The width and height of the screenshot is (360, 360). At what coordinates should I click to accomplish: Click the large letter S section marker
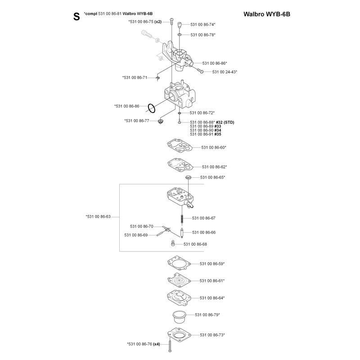pyautogui.click(x=76, y=17)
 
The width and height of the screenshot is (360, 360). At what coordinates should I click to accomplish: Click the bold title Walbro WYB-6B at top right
pyautogui.click(x=267, y=14)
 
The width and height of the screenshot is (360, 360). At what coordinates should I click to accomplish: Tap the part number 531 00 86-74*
pyautogui.click(x=203, y=24)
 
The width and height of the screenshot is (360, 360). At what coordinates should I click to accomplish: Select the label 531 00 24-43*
pyautogui.click(x=225, y=72)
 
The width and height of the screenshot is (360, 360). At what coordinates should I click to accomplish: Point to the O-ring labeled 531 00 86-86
pyautogui.click(x=151, y=108)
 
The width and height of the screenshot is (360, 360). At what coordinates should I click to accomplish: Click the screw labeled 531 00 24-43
pyautogui.click(x=200, y=71)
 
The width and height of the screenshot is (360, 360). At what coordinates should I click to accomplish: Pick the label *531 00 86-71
pyautogui.click(x=135, y=77)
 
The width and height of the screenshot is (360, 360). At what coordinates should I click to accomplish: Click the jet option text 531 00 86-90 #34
pyautogui.click(x=206, y=130)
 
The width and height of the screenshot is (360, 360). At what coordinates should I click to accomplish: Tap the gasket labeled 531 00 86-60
pyautogui.click(x=180, y=145)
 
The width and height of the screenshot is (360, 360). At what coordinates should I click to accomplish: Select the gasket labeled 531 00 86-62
pyautogui.click(x=180, y=165)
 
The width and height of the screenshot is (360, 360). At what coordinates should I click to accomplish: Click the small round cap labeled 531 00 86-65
pyautogui.click(x=188, y=177)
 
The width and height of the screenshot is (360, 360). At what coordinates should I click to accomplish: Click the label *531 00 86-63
pyautogui.click(x=98, y=216)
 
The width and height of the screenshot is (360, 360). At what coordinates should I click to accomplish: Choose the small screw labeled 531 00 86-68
pyautogui.click(x=173, y=243)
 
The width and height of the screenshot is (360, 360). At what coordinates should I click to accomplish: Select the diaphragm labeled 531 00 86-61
pyautogui.click(x=179, y=280)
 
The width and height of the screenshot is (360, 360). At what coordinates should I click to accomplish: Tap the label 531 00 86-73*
pyautogui.click(x=212, y=335)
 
